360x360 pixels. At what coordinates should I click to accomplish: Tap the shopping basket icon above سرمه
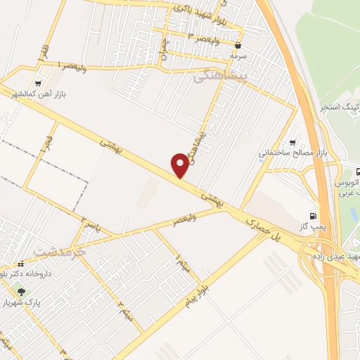(x=238, y=45)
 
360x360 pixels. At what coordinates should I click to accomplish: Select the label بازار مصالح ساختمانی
(x=294, y=153)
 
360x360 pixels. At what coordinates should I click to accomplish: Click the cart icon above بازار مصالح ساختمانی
(x=292, y=141)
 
